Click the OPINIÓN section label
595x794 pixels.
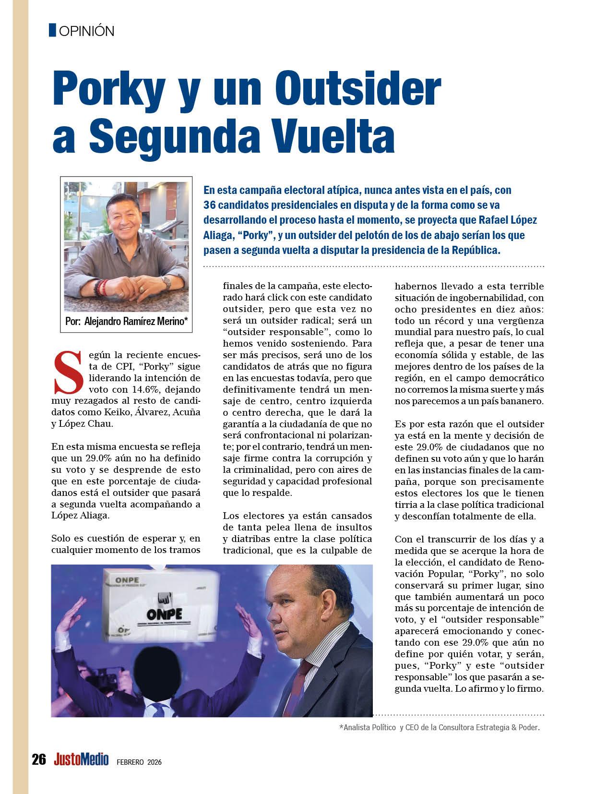(x=86, y=31)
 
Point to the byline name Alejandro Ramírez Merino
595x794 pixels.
(x=134, y=322)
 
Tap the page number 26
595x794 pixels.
(x=38, y=759)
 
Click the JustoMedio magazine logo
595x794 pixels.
(x=82, y=759)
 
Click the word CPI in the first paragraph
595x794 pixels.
(x=116, y=366)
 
